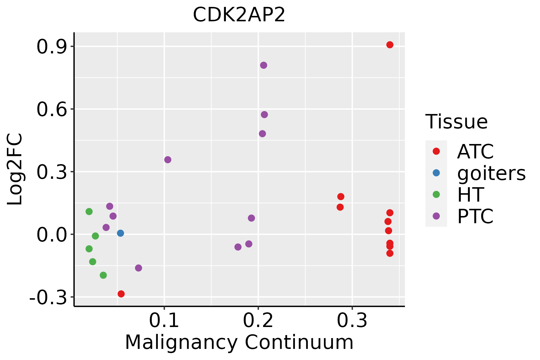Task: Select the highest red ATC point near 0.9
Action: [390, 45]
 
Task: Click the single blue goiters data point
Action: [120, 233]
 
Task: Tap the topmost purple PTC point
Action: [263, 65]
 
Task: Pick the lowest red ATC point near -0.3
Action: [121, 294]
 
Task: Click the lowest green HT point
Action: [103, 275]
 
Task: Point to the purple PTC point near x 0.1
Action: [168, 160]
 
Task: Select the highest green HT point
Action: [89, 211]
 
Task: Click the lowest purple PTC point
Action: [138, 268]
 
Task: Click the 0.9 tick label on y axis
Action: [51, 47]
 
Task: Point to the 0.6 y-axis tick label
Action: [51, 109]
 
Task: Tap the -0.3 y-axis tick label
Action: [48, 298]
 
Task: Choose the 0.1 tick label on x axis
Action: [164, 321]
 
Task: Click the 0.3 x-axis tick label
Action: [352, 321]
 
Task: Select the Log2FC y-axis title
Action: [15, 169]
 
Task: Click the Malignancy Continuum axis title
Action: [239, 342]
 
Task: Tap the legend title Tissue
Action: [457, 122]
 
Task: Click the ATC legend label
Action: [475, 151]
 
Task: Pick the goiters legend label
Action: [491, 173]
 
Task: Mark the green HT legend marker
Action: [436, 194]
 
